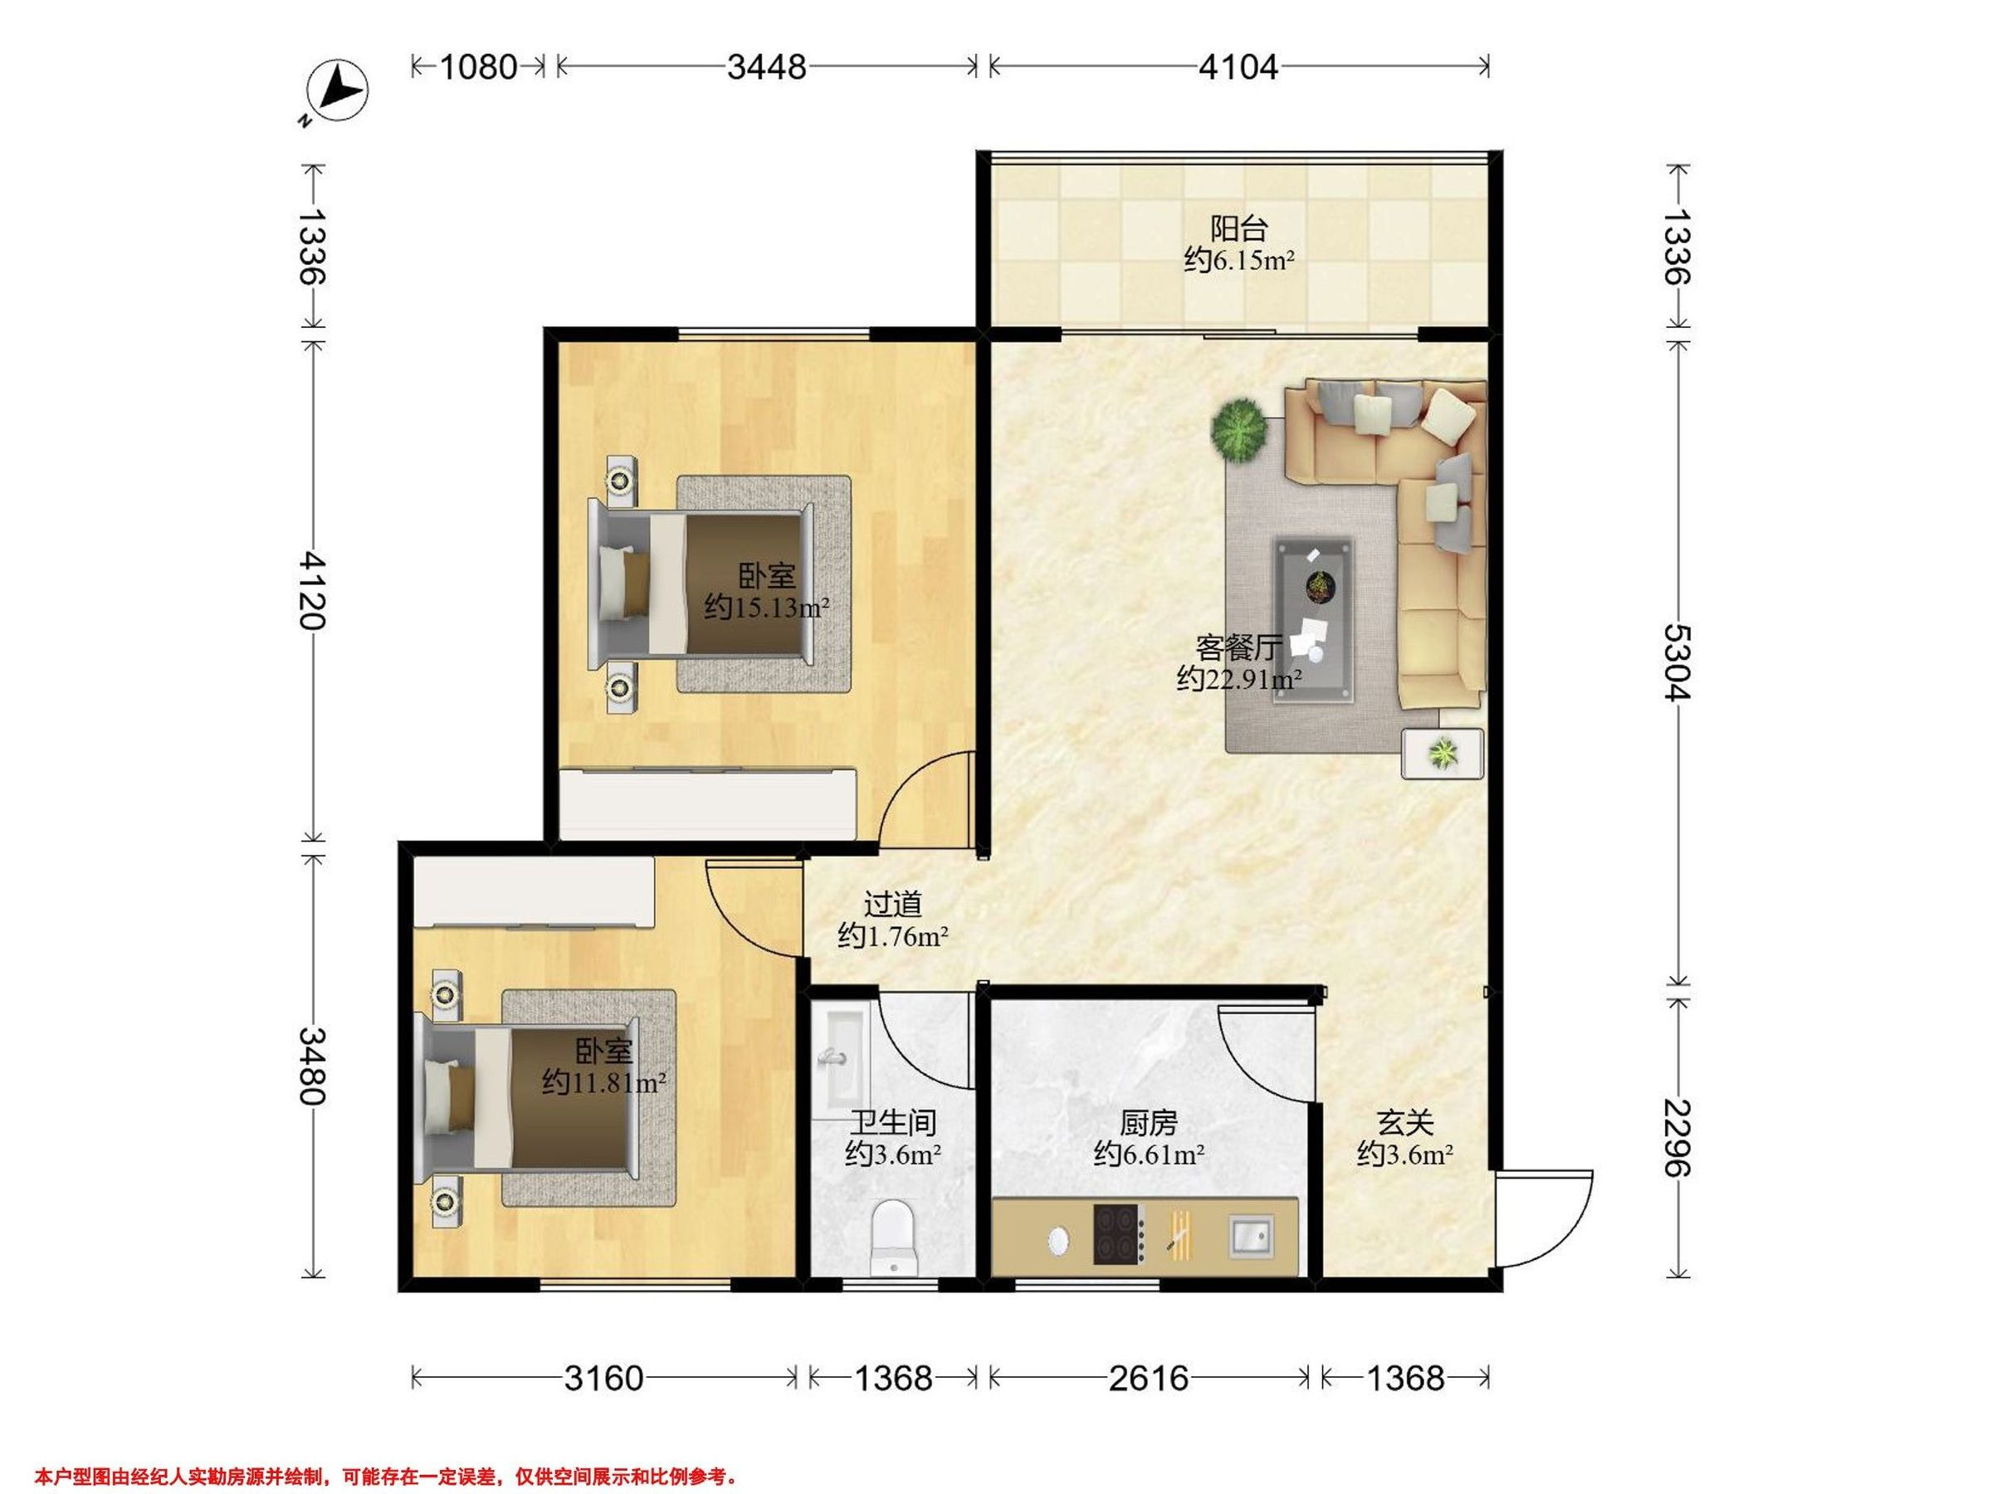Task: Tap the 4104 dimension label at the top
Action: click(x=1238, y=66)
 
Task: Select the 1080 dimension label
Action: click(x=478, y=66)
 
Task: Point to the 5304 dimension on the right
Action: click(x=1677, y=663)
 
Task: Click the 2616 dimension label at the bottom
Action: click(x=1148, y=1378)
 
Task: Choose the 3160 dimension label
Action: click(x=603, y=1378)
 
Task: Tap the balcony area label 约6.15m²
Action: click(x=1239, y=261)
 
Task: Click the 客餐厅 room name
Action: click(x=1239, y=647)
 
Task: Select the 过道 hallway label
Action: click(x=892, y=904)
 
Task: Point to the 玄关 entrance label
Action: click(x=1405, y=1123)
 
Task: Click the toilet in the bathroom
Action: click(x=892, y=1238)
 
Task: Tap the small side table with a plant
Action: click(x=1443, y=753)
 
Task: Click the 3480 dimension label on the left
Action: click(x=314, y=1067)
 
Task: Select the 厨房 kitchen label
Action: click(x=1148, y=1123)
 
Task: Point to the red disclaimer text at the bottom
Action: click(x=388, y=1452)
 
